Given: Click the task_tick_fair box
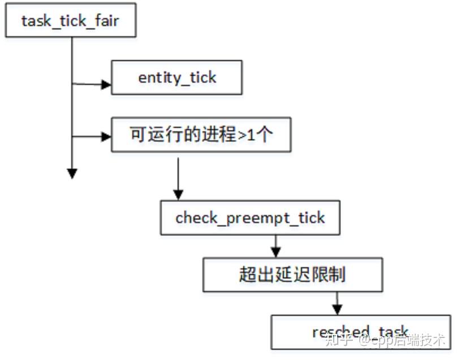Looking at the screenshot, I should (71, 22).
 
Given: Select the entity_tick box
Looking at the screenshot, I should (176, 78).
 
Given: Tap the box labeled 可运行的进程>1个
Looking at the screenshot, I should (201, 135).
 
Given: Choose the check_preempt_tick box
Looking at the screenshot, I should (250, 217).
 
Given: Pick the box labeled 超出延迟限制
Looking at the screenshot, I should (292, 275).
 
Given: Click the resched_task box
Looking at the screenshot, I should (360, 332).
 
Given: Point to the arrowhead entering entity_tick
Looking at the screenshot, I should (106, 84).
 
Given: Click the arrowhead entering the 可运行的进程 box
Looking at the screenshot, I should (106, 136).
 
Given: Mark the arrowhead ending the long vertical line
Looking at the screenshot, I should (72, 173).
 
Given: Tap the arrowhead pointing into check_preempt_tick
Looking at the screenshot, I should (178, 195).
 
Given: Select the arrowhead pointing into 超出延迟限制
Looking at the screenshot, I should (275, 252).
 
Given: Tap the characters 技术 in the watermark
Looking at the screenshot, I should (436, 341).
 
